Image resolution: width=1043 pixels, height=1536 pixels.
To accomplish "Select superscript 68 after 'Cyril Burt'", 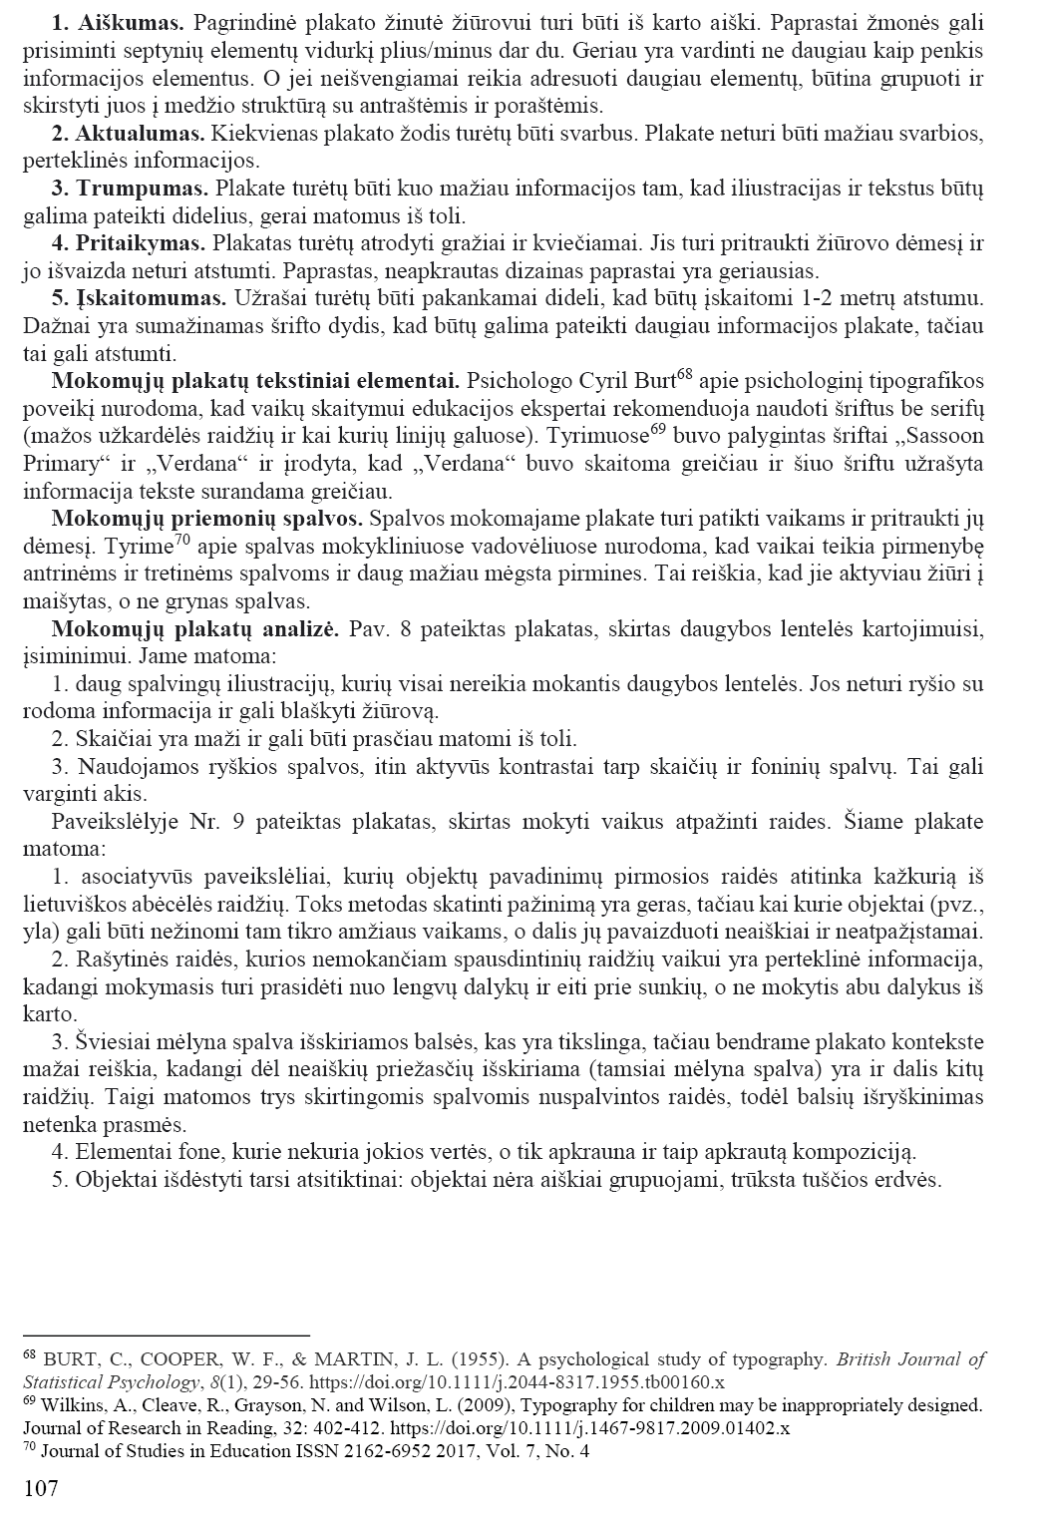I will pos(684,375).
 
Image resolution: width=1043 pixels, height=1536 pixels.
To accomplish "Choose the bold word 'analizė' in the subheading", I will pos(305,629).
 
